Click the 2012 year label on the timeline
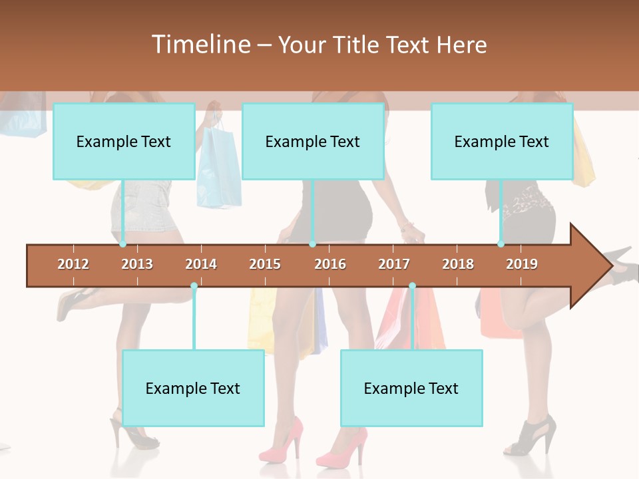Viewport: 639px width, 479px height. pyautogui.click(x=73, y=264)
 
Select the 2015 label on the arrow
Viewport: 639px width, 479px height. pyautogui.click(x=265, y=264)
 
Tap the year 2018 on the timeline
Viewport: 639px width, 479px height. pyautogui.click(x=458, y=264)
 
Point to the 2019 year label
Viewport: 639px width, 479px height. pyautogui.click(x=522, y=264)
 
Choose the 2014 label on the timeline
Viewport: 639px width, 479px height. pyautogui.click(x=201, y=264)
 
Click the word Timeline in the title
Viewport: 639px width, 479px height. pyautogui.click(x=200, y=45)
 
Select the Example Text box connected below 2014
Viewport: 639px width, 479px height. pyautogui.click(x=193, y=388)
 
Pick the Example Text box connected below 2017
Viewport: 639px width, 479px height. pyautogui.click(x=411, y=388)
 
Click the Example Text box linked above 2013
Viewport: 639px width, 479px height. pyautogui.click(x=124, y=141)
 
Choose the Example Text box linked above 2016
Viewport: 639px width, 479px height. pyautogui.click(x=313, y=141)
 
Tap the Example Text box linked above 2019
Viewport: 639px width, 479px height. pyautogui.click(x=502, y=141)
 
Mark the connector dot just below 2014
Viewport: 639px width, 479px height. pyautogui.click(x=194, y=286)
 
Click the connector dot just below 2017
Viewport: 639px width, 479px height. pyautogui.click(x=412, y=286)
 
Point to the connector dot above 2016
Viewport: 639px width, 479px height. pyautogui.click(x=312, y=244)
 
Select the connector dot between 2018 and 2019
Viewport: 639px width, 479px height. pyautogui.click(x=501, y=244)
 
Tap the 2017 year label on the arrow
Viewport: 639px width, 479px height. pyautogui.click(x=394, y=264)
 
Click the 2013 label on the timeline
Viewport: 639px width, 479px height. pyautogui.click(x=137, y=264)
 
